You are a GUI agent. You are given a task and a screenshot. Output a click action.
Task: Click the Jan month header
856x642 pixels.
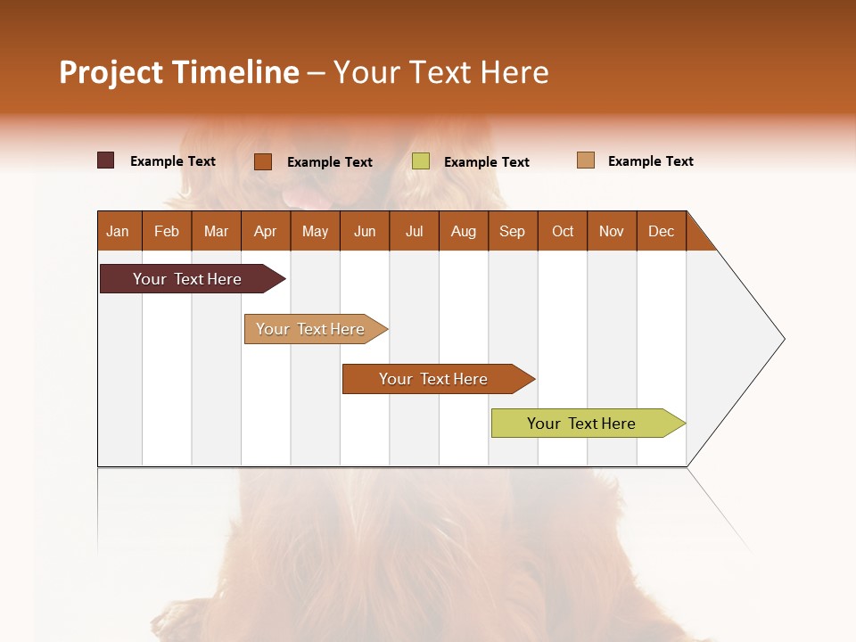pyautogui.click(x=119, y=231)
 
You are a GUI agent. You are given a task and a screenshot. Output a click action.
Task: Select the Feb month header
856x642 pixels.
pyautogui.click(x=167, y=231)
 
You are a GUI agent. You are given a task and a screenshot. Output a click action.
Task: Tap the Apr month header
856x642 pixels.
pyautogui.click(x=265, y=231)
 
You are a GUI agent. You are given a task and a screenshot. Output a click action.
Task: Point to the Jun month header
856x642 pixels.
pyautogui.click(x=365, y=231)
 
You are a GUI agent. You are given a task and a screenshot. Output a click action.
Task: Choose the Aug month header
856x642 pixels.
pyautogui.click(x=463, y=231)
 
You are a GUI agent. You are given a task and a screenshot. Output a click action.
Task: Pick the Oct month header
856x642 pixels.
pyautogui.click(x=563, y=231)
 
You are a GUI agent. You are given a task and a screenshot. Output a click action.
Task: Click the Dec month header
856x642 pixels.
pyautogui.click(x=661, y=231)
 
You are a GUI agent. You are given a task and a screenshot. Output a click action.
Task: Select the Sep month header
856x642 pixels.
pyautogui.click(x=512, y=231)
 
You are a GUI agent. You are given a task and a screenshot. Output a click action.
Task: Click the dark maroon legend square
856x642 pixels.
pyautogui.click(x=105, y=160)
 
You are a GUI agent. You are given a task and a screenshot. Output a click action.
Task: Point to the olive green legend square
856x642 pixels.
pyautogui.click(x=421, y=161)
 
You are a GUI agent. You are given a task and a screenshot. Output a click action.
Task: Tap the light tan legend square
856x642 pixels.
pyautogui.click(x=585, y=160)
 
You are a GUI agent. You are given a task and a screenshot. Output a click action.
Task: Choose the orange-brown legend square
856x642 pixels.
pyautogui.click(x=263, y=161)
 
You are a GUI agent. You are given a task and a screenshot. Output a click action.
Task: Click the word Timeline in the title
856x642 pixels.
pyautogui.click(x=235, y=72)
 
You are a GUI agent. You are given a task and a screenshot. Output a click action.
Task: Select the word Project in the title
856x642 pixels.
pyautogui.click(x=111, y=72)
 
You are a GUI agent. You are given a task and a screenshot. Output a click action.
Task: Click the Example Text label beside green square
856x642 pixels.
pyautogui.click(x=486, y=162)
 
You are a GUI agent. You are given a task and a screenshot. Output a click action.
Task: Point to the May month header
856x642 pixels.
pyautogui.click(x=315, y=231)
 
